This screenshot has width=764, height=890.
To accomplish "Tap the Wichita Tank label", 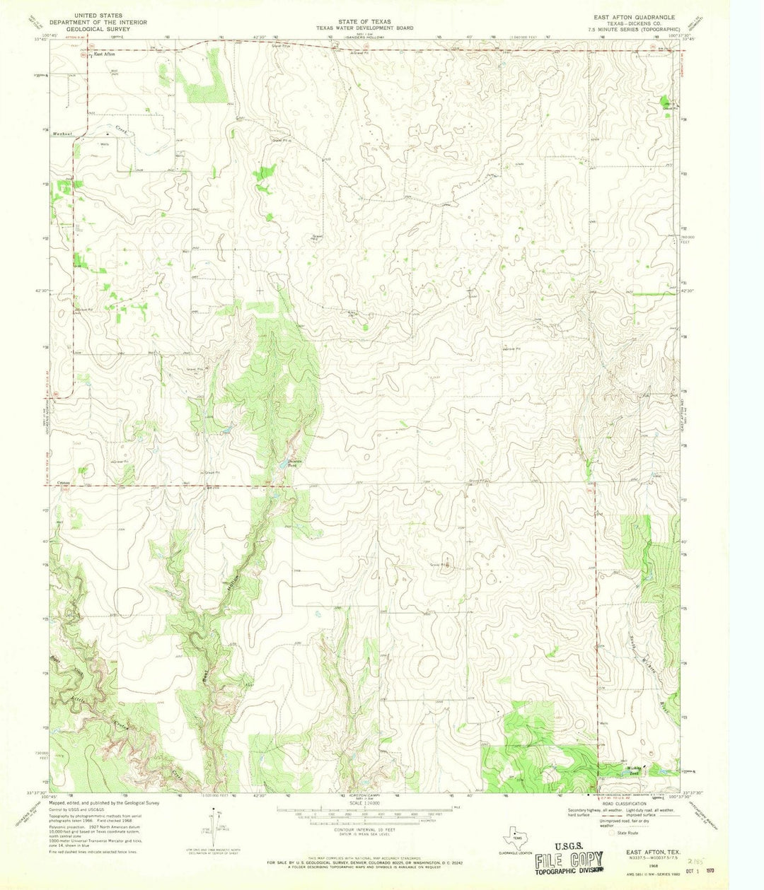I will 631,770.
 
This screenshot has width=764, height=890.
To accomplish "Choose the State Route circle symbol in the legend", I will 613,833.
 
